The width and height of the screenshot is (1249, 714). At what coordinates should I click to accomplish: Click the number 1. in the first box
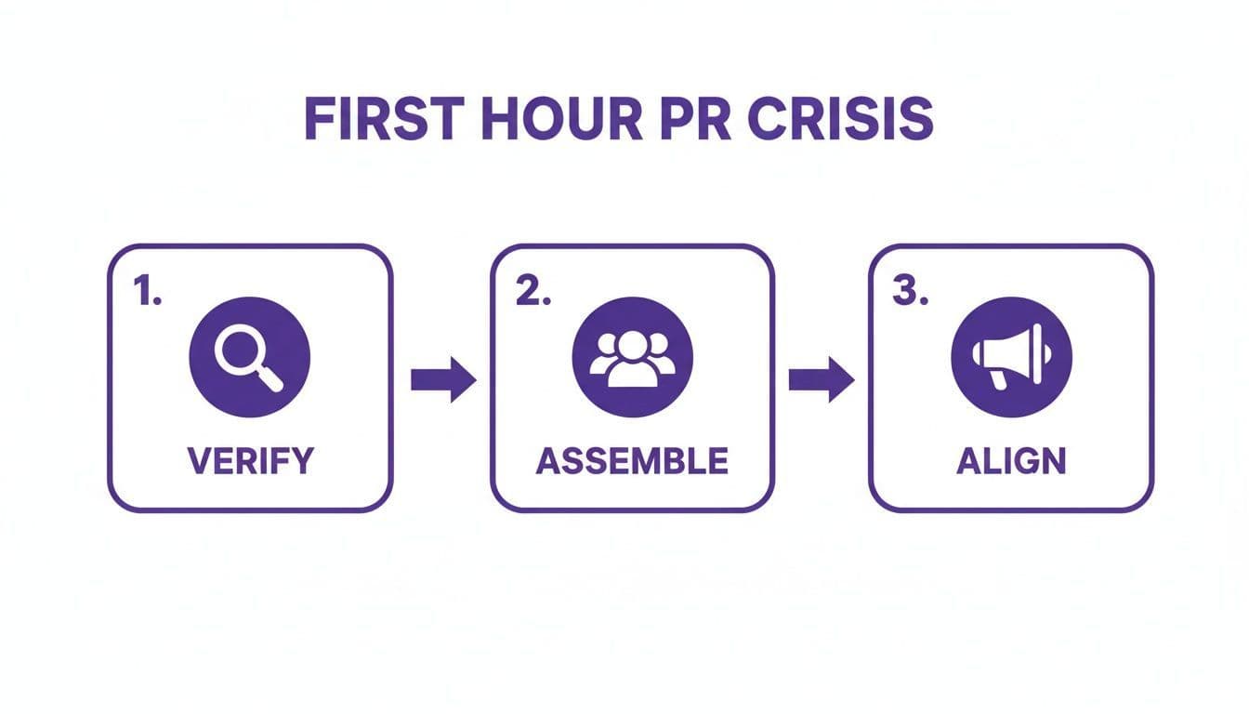148,291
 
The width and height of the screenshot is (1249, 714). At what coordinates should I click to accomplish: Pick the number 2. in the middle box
532,291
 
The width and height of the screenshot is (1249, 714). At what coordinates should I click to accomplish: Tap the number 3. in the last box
911,291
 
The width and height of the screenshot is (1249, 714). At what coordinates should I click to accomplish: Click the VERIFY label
250,461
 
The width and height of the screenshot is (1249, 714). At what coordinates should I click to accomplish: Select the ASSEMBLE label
632,461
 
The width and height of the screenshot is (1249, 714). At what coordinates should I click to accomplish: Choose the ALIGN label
1011,461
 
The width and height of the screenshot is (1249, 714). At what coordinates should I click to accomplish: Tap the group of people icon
632,358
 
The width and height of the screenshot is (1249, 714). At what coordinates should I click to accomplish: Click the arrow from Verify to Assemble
443,379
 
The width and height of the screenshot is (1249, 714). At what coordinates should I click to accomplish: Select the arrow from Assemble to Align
822,379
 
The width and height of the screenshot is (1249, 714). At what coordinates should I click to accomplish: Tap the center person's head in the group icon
632,345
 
